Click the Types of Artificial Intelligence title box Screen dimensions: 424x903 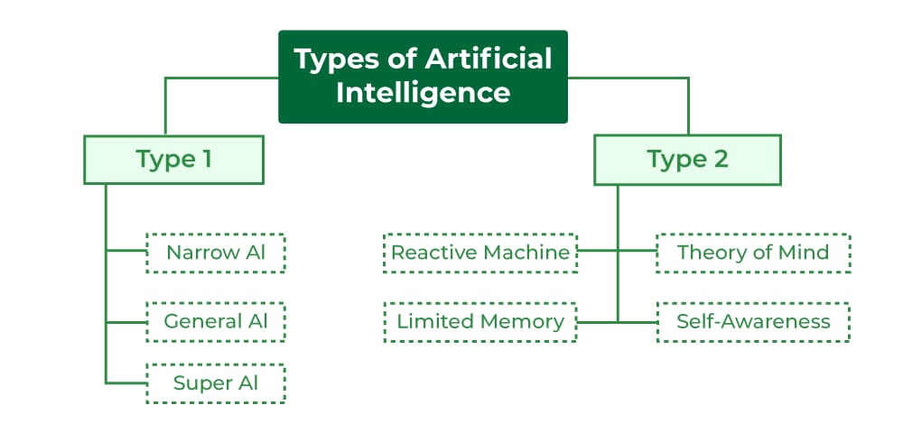pyautogui.click(x=423, y=77)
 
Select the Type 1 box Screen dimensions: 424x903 pyautogui.click(x=173, y=160)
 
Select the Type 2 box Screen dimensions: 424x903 pyautogui.click(x=687, y=160)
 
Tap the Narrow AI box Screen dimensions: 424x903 pyautogui.click(x=216, y=253)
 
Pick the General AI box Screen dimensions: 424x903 pyautogui.click(x=216, y=321)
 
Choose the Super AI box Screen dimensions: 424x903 pyautogui.click(x=216, y=383)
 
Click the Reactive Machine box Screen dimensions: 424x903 pyautogui.click(x=479, y=253)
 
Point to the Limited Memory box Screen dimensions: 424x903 pyautogui.click(x=479, y=321)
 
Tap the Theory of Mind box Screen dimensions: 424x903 pyautogui.click(x=752, y=253)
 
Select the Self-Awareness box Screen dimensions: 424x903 pyautogui.click(x=752, y=321)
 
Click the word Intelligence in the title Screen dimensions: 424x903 pyautogui.click(x=423, y=92)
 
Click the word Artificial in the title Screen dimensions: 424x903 pyautogui.click(x=489, y=60)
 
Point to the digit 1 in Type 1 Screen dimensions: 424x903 pyautogui.click(x=207, y=160)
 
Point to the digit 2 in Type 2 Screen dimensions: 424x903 pyautogui.click(x=720, y=160)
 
